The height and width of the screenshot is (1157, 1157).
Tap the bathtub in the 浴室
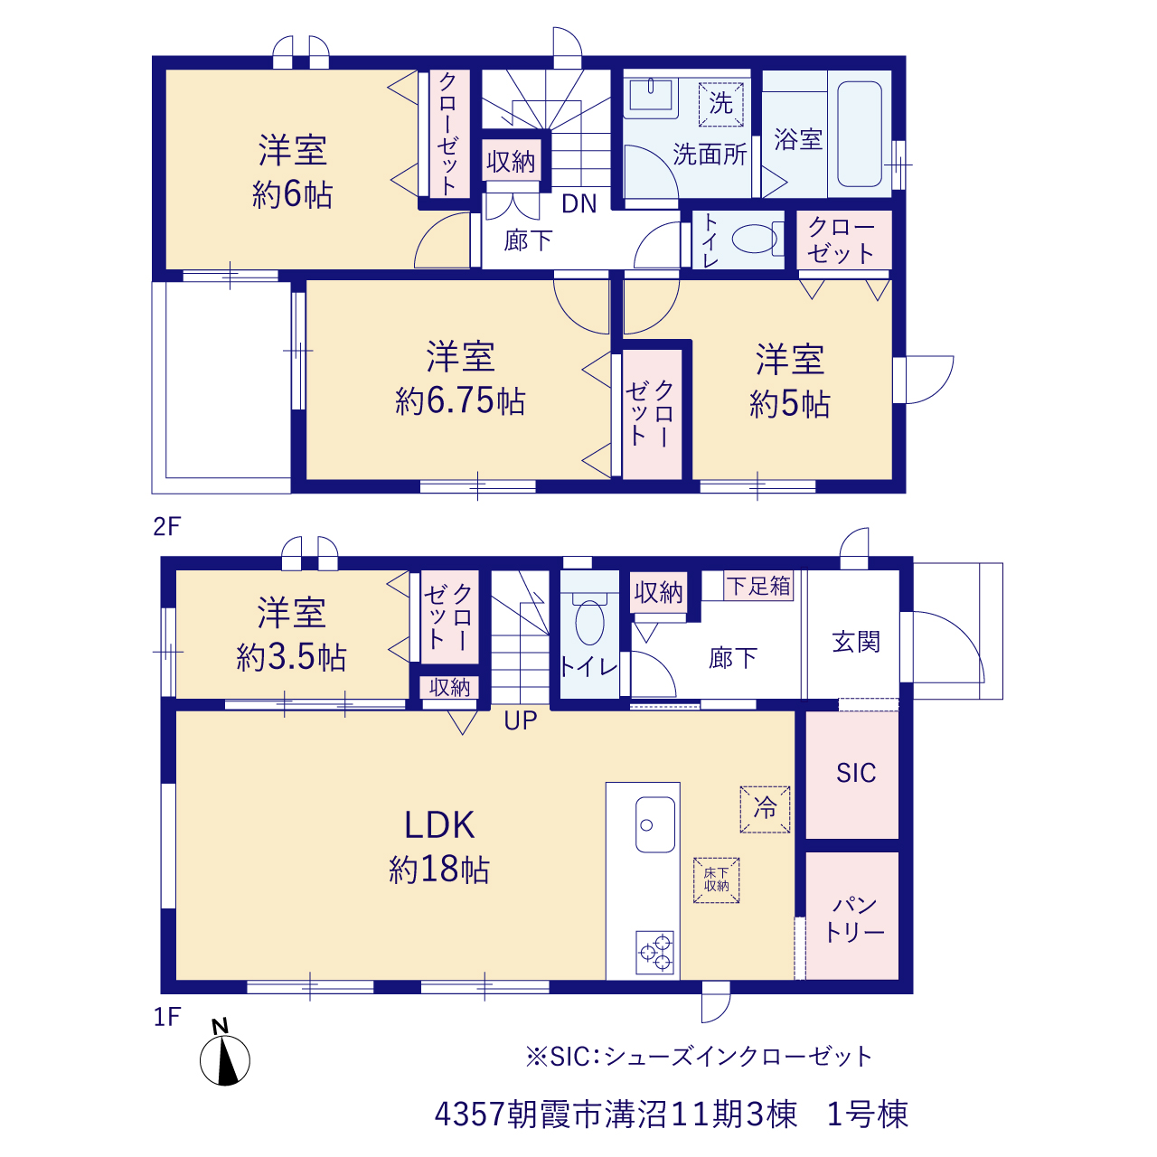tap(860, 134)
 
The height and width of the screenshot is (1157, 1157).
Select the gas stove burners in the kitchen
tap(654, 952)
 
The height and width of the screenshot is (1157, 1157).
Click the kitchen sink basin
tap(655, 824)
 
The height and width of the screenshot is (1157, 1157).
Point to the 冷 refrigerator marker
tap(765, 809)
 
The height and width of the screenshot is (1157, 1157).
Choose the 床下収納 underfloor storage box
tap(716, 880)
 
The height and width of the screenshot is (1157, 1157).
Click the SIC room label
tap(856, 773)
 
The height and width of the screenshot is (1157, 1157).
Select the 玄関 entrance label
tap(856, 642)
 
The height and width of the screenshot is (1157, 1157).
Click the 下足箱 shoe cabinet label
tap(758, 586)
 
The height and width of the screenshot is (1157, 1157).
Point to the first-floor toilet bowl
tap(589, 623)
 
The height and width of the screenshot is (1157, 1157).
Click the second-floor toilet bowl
tap(754, 239)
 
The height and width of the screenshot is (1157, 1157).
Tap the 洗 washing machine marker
tap(720, 104)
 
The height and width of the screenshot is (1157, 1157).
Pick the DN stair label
tap(578, 204)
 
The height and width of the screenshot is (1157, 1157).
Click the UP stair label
tap(520, 720)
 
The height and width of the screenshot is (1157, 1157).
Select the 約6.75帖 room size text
tap(460, 401)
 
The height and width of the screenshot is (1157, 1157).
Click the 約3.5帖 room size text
tap(291, 657)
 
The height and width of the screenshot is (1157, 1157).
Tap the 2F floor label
tap(167, 526)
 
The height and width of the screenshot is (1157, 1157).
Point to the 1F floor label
tap(167, 1017)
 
